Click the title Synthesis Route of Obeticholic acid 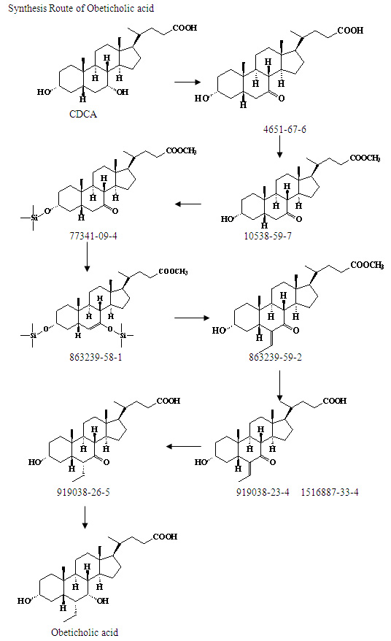(x=81, y=8)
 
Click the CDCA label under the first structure (x=83, y=114)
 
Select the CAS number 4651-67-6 (x=284, y=129)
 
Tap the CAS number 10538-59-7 (x=268, y=236)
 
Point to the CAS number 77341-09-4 (x=93, y=236)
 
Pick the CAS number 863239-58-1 (x=96, y=357)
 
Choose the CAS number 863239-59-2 (x=275, y=357)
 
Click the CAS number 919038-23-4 (x=263, y=492)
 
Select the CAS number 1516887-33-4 (x=330, y=492)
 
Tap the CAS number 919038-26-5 (x=83, y=492)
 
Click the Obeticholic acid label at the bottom (x=85, y=632)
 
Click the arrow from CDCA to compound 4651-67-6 (x=187, y=82)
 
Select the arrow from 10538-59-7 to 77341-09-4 (x=188, y=204)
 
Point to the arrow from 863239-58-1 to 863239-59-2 (x=192, y=318)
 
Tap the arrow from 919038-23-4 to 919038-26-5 (x=183, y=446)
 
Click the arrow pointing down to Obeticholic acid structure (x=85, y=518)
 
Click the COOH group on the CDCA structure (x=185, y=28)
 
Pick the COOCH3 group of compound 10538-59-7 (x=365, y=158)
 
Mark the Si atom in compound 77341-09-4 (x=34, y=218)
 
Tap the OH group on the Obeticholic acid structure (x=103, y=601)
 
